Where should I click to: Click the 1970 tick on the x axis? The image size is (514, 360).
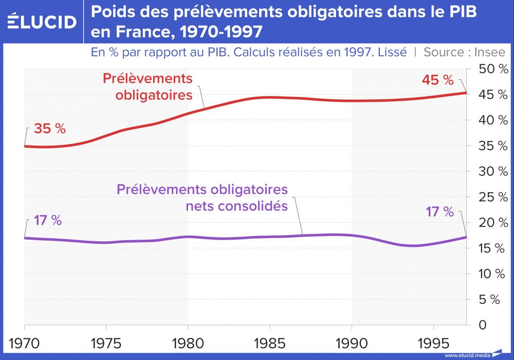click(24, 341)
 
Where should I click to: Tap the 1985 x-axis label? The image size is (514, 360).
click(270, 341)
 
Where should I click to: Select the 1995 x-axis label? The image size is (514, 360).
click(434, 341)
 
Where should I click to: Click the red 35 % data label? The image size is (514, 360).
click(50, 129)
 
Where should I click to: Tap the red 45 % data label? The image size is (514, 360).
click(437, 81)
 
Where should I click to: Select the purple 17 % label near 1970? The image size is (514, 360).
click(48, 221)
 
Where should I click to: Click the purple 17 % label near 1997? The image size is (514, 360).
click(439, 212)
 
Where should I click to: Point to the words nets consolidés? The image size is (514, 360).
click(236, 206)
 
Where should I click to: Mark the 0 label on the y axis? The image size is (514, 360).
click(482, 325)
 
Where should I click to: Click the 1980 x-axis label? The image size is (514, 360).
click(188, 341)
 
